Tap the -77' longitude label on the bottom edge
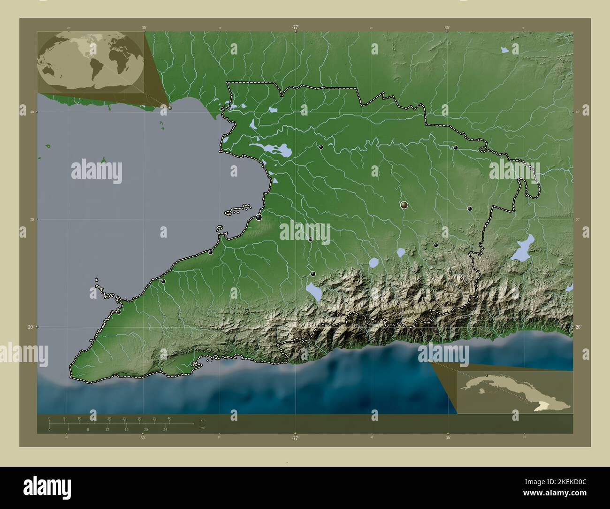pyautogui.click(x=295, y=438)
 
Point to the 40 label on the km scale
pyautogui.click(x=169, y=418)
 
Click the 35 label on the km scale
pyautogui.click(x=154, y=418)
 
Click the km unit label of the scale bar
pyautogui.click(x=203, y=420)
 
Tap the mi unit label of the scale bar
pyautogui.click(x=202, y=428)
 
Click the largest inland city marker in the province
pyautogui.click(x=404, y=205)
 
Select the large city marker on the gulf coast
pyautogui.click(x=259, y=217)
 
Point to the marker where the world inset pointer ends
pyautogui.click(x=170, y=108)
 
